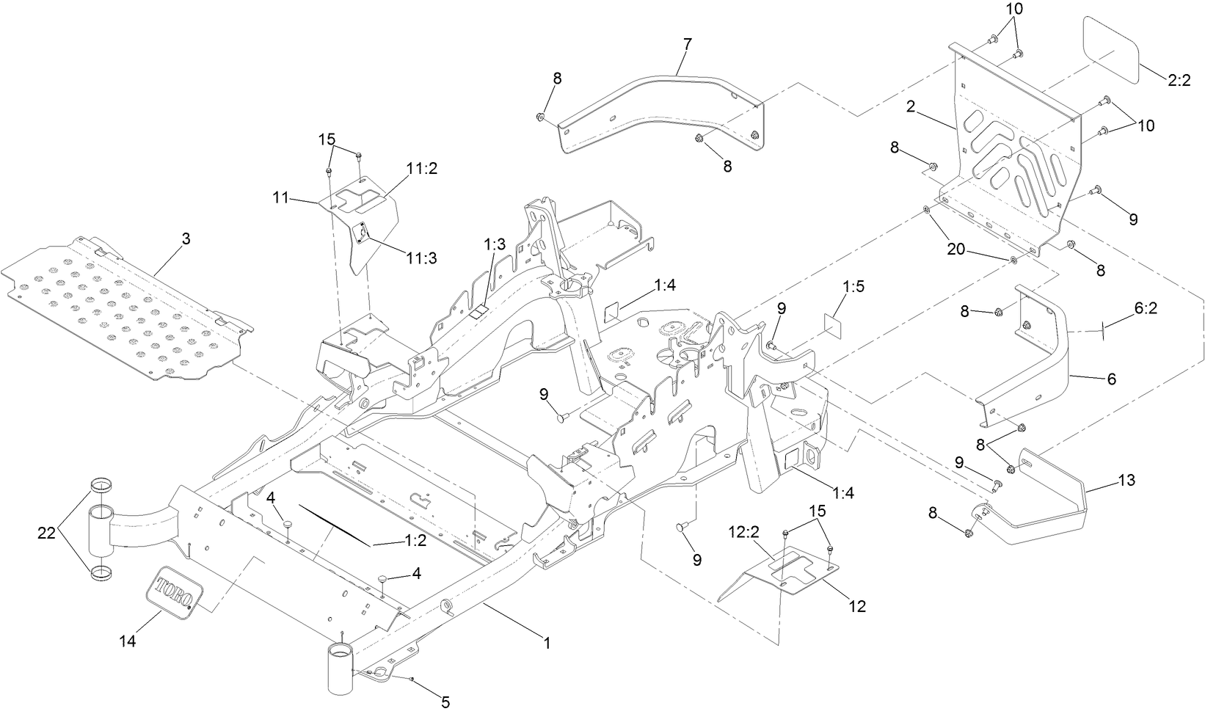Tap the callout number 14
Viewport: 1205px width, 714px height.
click(128, 641)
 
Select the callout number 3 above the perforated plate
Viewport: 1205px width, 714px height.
click(186, 239)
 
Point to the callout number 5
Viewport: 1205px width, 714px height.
click(445, 702)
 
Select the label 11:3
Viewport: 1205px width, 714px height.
click(422, 258)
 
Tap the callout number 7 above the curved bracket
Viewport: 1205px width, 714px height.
click(686, 44)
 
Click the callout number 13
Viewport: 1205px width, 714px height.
click(1126, 481)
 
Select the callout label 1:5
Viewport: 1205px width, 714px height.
click(853, 285)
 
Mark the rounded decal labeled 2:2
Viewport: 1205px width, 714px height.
click(1111, 51)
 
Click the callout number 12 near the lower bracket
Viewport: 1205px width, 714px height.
click(857, 606)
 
